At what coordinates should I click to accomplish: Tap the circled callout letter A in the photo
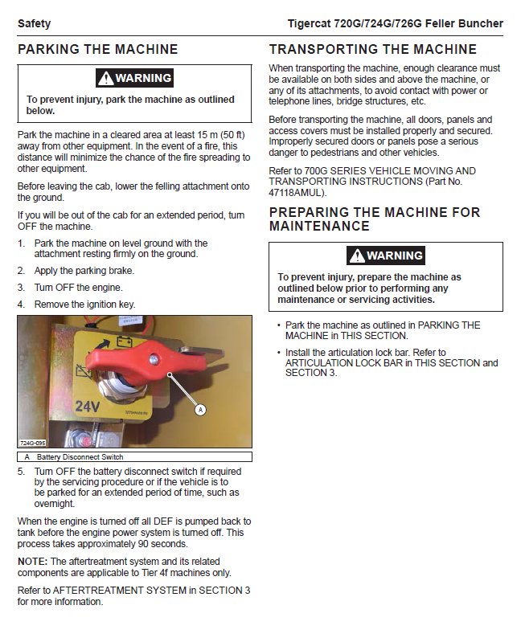click(201, 409)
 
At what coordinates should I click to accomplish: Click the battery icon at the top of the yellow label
click(126, 341)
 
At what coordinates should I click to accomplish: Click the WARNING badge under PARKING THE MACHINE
click(135, 78)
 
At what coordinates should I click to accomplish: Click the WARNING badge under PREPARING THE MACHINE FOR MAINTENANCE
click(386, 256)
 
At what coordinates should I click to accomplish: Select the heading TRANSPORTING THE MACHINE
click(372, 49)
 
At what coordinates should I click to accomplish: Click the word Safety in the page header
click(33, 23)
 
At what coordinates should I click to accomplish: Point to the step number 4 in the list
click(22, 305)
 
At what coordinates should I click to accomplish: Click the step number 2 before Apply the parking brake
click(22, 271)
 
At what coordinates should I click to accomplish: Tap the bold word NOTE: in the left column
click(33, 561)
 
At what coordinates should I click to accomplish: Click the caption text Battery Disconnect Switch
click(80, 456)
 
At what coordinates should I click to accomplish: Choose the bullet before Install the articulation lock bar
click(277, 353)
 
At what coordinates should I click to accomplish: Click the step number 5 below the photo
click(22, 472)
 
